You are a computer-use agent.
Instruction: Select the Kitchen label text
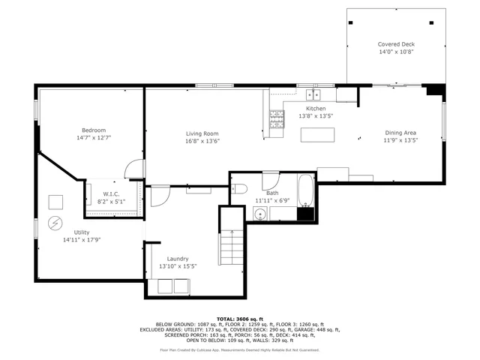(316, 108)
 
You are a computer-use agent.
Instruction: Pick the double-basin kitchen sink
(313, 95)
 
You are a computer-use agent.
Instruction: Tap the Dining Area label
(400, 133)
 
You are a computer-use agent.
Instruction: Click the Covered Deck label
(395, 44)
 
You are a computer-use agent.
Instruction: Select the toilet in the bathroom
(239, 188)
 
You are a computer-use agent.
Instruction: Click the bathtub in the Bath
(306, 191)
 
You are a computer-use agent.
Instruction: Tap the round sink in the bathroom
(259, 214)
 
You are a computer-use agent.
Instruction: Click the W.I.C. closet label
(112, 194)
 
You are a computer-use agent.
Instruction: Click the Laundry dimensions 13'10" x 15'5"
(177, 266)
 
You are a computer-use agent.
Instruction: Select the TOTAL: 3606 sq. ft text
(239, 318)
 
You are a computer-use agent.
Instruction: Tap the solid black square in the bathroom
(305, 213)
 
